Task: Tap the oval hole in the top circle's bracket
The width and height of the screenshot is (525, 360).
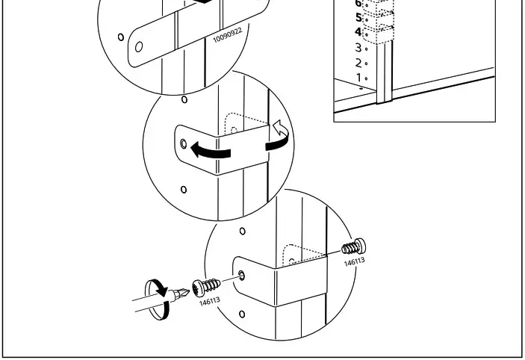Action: tap(138, 46)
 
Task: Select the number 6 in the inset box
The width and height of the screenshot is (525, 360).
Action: tap(358, 3)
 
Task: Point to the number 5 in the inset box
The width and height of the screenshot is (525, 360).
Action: tap(358, 17)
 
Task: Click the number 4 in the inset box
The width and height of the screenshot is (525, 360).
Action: tap(358, 32)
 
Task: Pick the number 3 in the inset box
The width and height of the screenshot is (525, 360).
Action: tap(358, 48)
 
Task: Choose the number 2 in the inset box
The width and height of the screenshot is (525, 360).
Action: tap(358, 63)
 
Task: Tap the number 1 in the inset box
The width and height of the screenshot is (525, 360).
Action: tap(358, 78)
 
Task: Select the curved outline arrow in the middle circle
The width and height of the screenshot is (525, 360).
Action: tap(279, 136)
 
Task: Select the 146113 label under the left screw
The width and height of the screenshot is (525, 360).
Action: tap(209, 302)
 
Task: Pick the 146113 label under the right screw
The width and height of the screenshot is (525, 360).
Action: tap(354, 261)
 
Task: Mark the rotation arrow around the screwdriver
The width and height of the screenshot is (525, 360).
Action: tap(158, 298)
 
